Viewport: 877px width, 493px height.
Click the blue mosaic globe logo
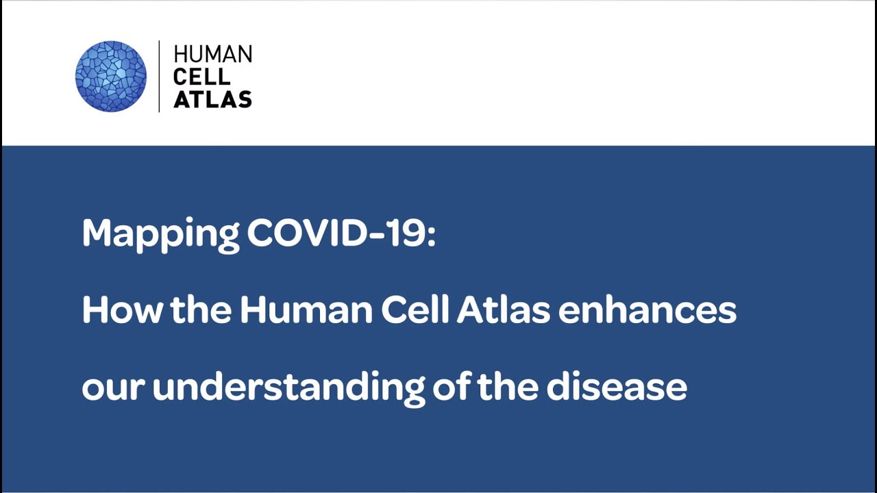[x=110, y=76]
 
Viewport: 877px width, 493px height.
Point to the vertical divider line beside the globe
[x=159, y=76]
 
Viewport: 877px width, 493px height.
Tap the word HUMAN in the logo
[x=212, y=55]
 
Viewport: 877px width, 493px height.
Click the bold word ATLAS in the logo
[x=212, y=99]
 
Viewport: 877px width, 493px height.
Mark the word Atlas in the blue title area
[x=504, y=310]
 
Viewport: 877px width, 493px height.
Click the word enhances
[x=647, y=310]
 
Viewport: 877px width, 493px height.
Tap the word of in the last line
[x=452, y=387]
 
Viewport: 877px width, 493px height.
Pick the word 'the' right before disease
[x=508, y=387]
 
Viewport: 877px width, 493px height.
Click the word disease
[x=617, y=387]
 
